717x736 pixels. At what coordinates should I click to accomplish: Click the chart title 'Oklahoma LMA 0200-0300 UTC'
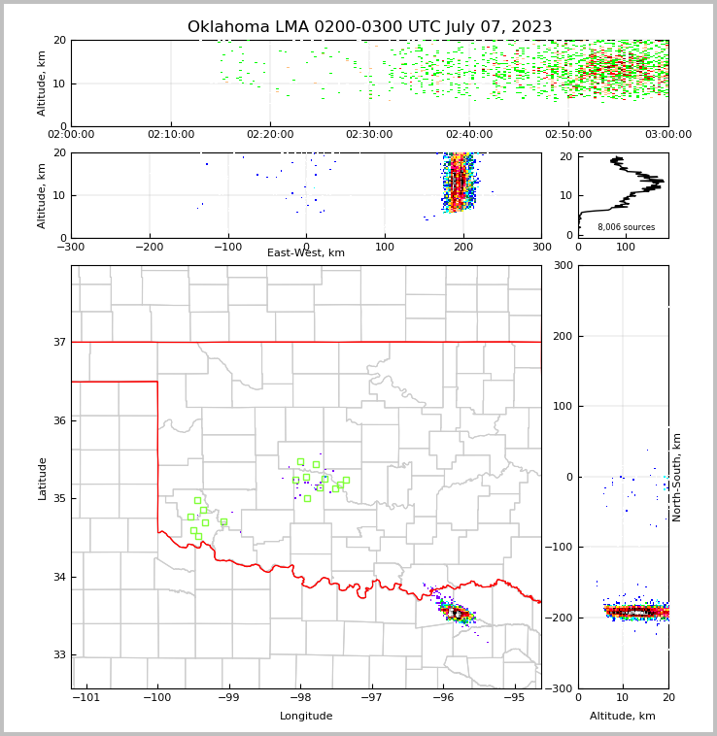[x=369, y=27]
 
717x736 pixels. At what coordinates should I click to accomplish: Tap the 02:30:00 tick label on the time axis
[x=369, y=135]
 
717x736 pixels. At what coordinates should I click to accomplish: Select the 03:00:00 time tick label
[x=667, y=135]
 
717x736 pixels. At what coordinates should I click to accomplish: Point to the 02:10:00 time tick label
[x=171, y=135]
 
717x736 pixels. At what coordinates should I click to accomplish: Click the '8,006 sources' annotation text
[x=626, y=227]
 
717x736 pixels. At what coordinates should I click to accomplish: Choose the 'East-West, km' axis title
[x=306, y=253]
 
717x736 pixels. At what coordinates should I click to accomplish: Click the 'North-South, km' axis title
[x=677, y=477]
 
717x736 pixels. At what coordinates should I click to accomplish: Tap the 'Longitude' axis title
[x=306, y=717]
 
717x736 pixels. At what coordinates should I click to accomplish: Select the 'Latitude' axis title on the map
[x=42, y=478]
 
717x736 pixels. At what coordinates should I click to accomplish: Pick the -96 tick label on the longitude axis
[x=443, y=698]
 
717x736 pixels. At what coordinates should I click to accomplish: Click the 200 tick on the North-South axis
[x=561, y=336]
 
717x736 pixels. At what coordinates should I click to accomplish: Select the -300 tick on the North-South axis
[x=558, y=688]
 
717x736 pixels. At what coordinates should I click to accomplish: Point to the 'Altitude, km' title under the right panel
[x=623, y=717]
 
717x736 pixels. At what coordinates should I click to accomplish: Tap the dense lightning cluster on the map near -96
[x=456, y=613]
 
